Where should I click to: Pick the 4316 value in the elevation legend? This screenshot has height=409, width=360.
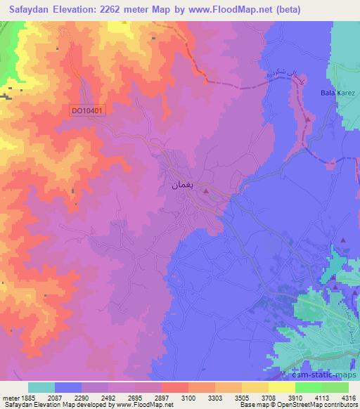[x=347, y=397]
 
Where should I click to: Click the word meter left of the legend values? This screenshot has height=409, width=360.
[x=10, y=397]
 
